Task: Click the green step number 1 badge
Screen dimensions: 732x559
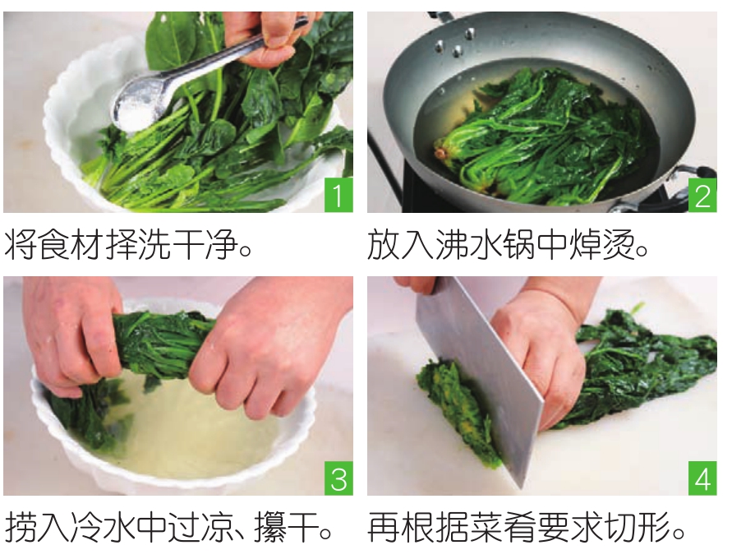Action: pos(338,195)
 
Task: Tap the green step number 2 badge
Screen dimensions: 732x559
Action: pos(702,195)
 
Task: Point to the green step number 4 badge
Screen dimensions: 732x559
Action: pos(702,478)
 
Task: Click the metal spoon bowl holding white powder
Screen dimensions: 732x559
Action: pos(136,109)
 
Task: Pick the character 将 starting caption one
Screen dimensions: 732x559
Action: pos(21,244)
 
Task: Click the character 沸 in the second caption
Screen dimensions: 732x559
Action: pos(451,244)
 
